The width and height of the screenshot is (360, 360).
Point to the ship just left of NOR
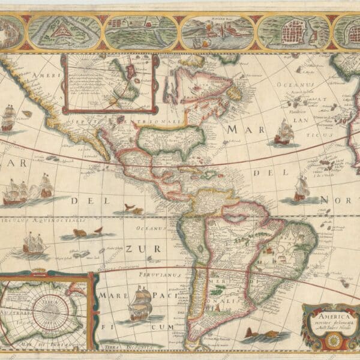coord(301,188)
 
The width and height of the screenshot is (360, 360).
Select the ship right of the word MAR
coord(283,131)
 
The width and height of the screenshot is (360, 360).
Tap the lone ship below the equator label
coord(35,242)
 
